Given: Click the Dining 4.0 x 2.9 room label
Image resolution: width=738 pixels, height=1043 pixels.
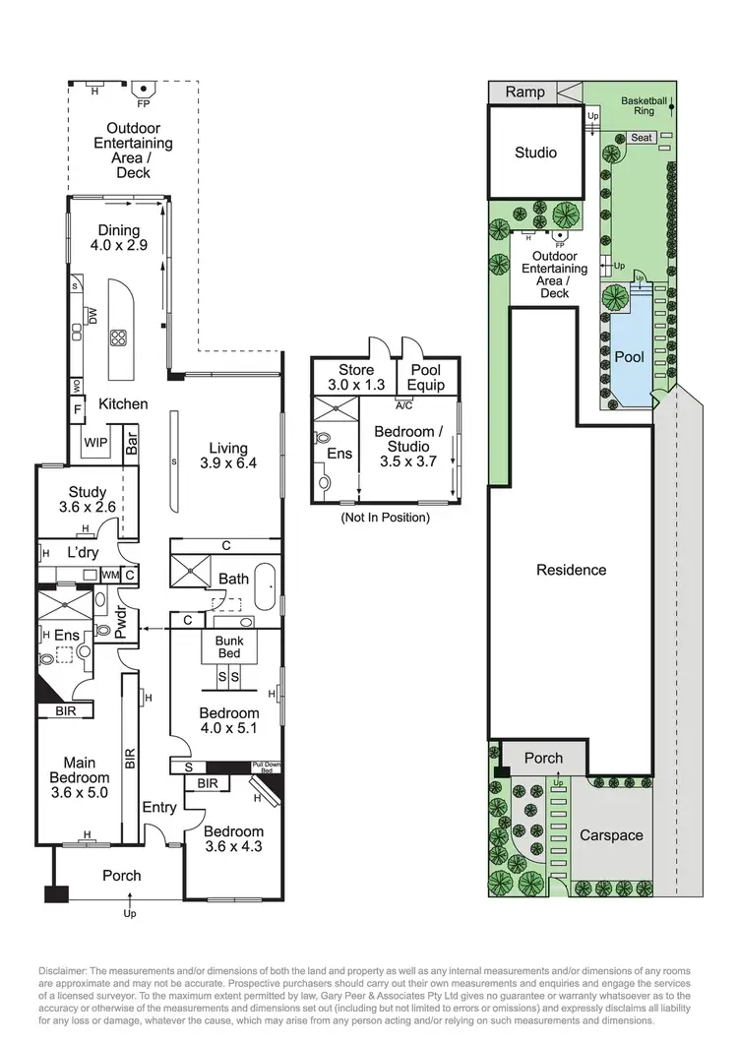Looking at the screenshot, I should click(x=118, y=239).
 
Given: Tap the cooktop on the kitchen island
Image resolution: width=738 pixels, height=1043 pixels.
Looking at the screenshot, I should click(x=119, y=338).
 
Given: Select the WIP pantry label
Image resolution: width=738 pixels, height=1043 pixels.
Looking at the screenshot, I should click(x=95, y=442).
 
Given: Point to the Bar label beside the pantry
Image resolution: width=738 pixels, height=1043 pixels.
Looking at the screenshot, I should click(x=132, y=444).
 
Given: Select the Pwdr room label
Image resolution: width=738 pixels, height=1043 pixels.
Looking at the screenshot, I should click(x=121, y=627).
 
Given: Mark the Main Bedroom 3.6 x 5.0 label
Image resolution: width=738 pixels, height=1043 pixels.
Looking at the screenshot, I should click(x=86, y=776).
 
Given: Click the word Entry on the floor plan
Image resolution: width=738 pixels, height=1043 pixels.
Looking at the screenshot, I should click(x=158, y=808).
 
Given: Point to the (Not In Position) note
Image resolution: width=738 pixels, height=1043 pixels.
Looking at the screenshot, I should click(x=385, y=517).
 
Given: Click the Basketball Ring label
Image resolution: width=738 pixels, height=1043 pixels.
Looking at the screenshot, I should click(x=645, y=105).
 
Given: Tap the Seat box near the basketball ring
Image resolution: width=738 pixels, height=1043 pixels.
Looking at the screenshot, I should click(x=642, y=138).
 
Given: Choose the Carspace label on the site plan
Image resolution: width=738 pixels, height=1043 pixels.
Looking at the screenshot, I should click(x=611, y=835).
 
